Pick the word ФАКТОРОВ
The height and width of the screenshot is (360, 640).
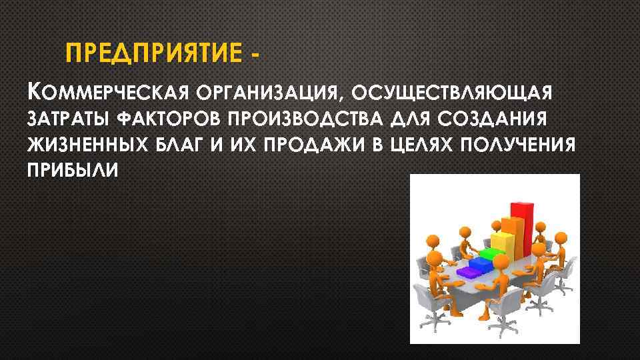coord(170,119)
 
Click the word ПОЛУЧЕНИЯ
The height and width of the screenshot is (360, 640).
coord(521,145)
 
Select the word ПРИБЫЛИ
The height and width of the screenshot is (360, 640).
coord(73,171)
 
